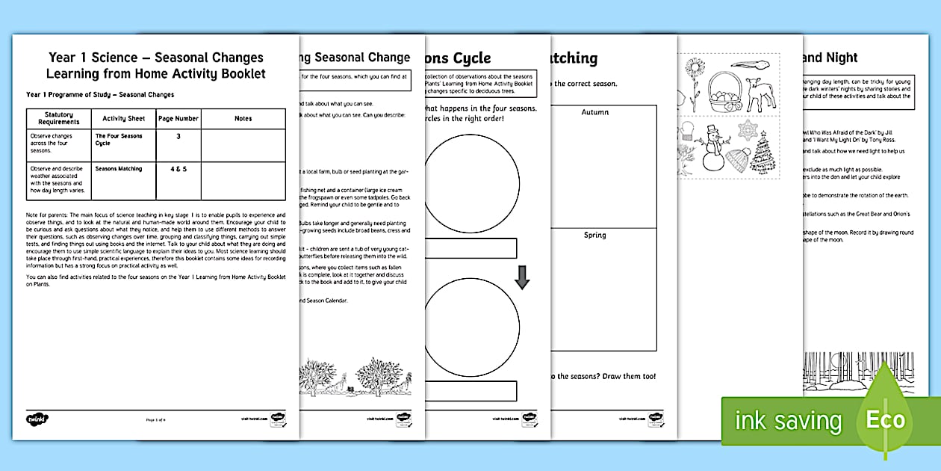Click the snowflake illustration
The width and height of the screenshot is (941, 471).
(748, 130)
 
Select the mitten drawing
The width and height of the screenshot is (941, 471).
(687, 136)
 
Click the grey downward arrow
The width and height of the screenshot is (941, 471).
(522, 278)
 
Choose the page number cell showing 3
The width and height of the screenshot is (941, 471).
(178, 136)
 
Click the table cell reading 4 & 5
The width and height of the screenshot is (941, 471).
(178, 169)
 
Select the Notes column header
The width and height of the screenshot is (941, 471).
(243, 118)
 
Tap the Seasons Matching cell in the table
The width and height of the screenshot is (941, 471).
(118, 169)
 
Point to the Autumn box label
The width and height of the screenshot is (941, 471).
(594, 112)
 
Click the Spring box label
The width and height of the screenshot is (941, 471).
(594, 235)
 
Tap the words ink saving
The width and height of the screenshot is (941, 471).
(788, 420)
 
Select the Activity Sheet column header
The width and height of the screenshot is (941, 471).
(123, 118)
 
